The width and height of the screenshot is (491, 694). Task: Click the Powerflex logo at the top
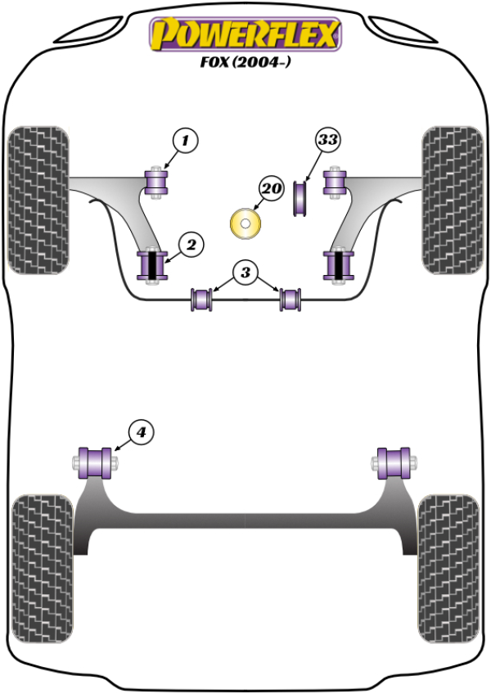pyautogui.click(x=245, y=34)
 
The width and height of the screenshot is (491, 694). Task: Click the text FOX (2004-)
pyautogui.click(x=245, y=61)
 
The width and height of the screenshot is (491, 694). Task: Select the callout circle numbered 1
pyautogui.click(x=185, y=142)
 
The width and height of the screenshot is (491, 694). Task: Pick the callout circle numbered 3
pyautogui.click(x=246, y=273)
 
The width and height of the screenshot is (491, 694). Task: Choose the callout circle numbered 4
pyautogui.click(x=142, y=431)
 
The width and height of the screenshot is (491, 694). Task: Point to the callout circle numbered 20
pyautogui.click(x=272, y=190)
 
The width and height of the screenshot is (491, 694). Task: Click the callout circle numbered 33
pyautogui.click(x=327, y=140)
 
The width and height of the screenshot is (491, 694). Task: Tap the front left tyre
pyautogui.click(x=38, y=199)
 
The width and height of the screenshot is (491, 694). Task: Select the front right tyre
pyautogui.click(x=453, y=199)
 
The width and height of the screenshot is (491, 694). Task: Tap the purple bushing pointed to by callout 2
pyautogui.click(x=151, y=264)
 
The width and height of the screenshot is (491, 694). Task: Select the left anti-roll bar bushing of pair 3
pyautogui.click(x=201, y=299)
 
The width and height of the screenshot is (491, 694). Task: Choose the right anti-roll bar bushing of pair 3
pyautogui.click(x=291, y=299)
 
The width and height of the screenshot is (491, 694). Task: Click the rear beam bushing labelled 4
pyautogui.click(x=97, y=462)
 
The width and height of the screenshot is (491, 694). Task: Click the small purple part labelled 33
pyautogui.click(x=300, y=201)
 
